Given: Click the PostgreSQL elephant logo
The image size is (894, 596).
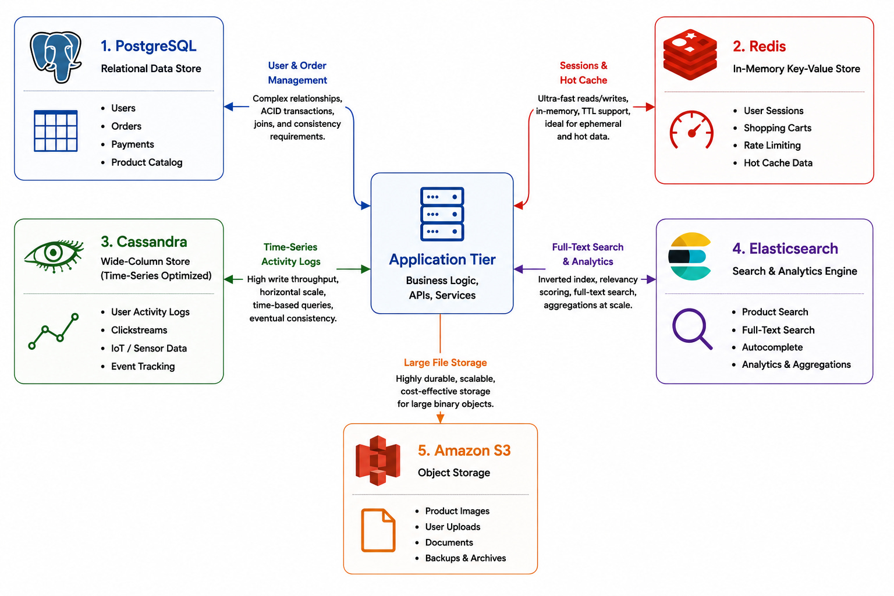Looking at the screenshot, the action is click(56, 57).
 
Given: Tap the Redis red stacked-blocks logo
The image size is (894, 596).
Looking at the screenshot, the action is click(690, 54).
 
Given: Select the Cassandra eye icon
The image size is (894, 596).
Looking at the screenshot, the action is click(54, 256).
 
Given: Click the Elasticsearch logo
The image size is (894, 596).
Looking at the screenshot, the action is click(690, 256).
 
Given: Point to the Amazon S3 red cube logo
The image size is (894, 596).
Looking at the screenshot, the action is click(378, 460).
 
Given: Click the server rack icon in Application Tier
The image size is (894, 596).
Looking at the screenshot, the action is click(442, 214).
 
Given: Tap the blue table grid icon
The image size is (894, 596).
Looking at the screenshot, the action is click(55, 131).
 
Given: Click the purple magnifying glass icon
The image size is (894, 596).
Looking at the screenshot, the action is click(692, 329).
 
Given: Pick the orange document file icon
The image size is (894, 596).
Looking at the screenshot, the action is click(378, 530).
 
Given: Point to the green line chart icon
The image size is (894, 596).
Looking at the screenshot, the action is click(54, 331).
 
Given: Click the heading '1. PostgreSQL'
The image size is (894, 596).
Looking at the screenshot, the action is click(148, 46).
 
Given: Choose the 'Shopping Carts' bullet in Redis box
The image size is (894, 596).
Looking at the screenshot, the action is click(777, 127).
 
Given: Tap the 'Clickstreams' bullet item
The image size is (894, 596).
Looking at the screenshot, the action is click(139, 330).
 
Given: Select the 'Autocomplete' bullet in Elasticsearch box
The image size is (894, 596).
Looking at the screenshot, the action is click(772, 347).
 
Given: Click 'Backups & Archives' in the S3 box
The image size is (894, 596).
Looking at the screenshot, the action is click(466, 558).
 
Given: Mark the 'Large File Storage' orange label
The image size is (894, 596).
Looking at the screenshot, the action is click(445, 363).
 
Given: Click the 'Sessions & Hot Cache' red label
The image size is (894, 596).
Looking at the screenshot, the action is click(583, 73).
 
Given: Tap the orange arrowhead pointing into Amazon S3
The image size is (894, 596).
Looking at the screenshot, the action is click(440, 418).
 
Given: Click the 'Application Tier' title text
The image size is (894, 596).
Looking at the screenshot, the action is click(442, 260).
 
